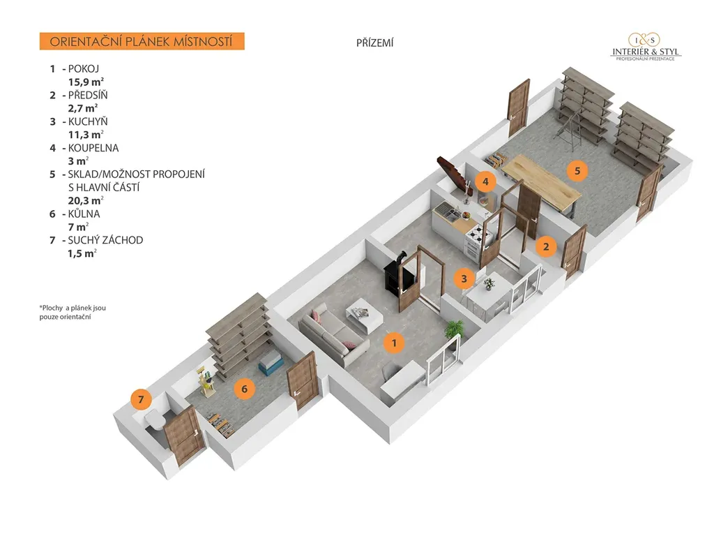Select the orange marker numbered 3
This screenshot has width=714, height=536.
(464, 278)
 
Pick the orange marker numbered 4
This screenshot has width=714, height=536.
(486, 182)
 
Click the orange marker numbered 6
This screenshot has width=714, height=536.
(243, 388)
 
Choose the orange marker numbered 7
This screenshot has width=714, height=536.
(141, 399)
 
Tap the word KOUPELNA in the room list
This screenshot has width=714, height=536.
(93, 148)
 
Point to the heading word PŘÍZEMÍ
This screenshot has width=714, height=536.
(375, 43)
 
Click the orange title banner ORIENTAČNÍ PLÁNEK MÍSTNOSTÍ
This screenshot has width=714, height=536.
(142, 41)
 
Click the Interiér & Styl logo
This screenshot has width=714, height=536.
(646, 47)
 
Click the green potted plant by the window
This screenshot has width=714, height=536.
(455, 328)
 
